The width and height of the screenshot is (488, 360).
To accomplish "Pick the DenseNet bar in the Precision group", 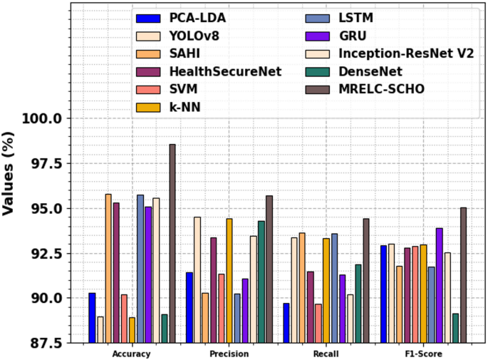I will [261, 282].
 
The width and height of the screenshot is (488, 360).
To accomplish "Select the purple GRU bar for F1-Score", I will [439, 285].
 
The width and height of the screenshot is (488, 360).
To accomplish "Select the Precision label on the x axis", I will [229, 354].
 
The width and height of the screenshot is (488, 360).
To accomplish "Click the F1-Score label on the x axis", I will [423, 354].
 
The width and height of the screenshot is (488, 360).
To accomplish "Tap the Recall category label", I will [326, 354].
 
